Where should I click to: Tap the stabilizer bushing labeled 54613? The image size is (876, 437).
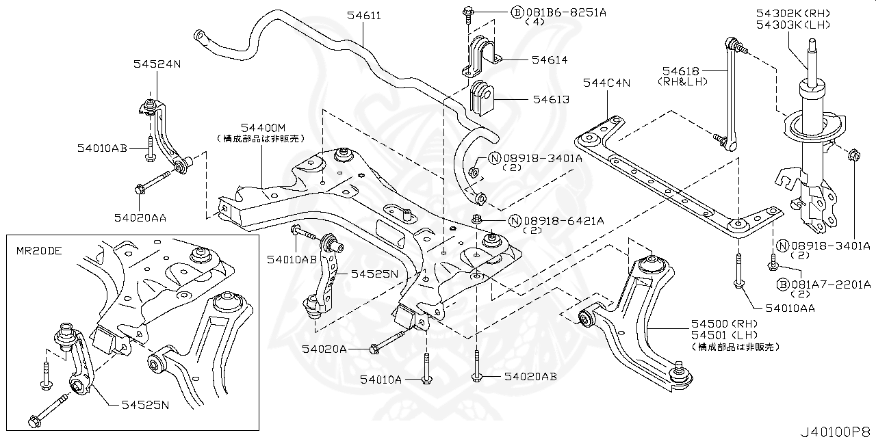click(x=483, y=99)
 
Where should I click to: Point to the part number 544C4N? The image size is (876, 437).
click(x=606, y=83)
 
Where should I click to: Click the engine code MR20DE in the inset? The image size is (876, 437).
click(x=39, y=250)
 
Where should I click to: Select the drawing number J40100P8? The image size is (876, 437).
click(x=834, y=429)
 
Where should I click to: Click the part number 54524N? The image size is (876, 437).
click(x=157, y=63)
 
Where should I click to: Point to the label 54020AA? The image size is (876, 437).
click(x=140, y=217)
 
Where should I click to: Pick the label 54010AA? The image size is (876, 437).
click(x=790, y=308)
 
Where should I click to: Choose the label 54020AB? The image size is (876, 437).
click(x=530, y=376)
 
